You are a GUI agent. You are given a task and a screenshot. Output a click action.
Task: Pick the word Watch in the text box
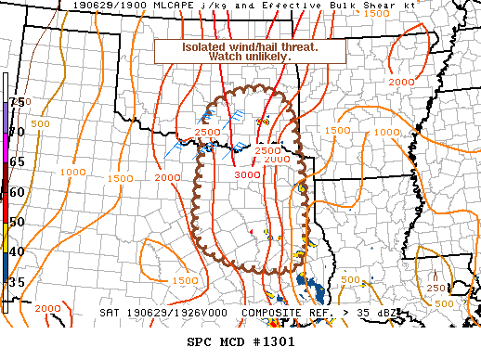(226, 57)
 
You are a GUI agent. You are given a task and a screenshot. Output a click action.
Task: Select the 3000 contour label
(247, 174)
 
